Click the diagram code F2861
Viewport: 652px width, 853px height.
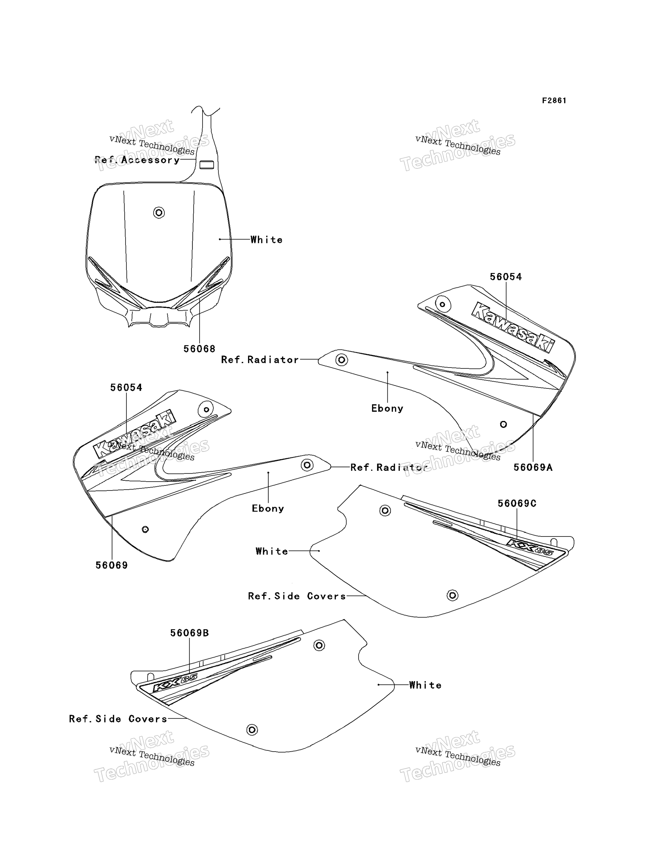[x=554, y=101]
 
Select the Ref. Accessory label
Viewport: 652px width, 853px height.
[x=137, y=160]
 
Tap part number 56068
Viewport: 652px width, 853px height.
[x=199, y=349]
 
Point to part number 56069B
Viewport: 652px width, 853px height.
[x=189, y=633]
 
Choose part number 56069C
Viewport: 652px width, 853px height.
[x=517, y=503]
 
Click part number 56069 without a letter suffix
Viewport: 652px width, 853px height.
[x=112, y=566]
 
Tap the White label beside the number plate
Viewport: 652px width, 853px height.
[x=267, y=240]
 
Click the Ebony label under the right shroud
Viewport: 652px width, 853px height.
[x=387, y=408]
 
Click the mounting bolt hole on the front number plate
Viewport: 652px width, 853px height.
[x=159, y=213]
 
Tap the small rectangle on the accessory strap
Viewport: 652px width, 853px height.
[x=206, y=165]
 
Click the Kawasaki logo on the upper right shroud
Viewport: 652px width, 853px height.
[x=513, y=328]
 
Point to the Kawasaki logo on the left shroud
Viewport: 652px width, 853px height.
[x=134, y=434]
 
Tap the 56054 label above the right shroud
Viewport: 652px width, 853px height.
[x=506, y=277]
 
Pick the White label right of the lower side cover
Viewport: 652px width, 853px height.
[x=425, y=685]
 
